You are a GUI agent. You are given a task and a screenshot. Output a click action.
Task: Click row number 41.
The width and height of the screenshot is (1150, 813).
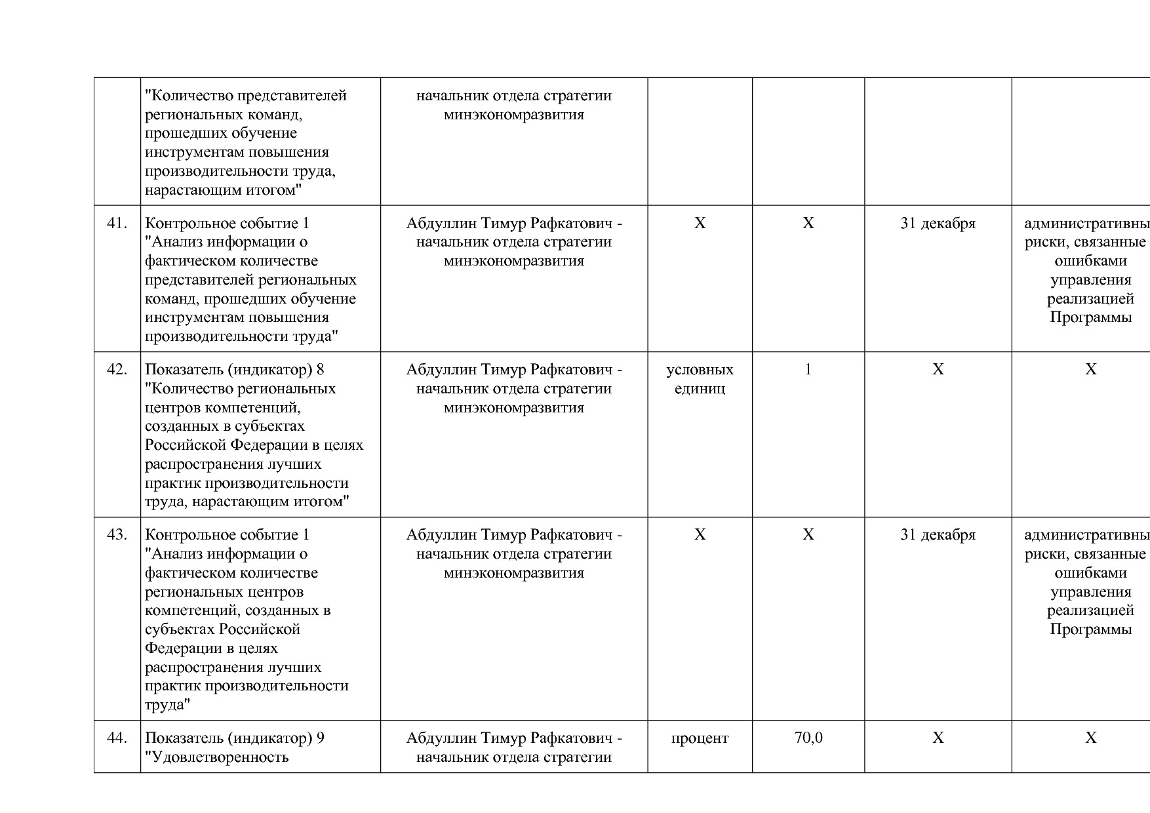(x=117, y=224)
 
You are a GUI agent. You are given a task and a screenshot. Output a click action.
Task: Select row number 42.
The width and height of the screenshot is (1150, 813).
(x=117, y=370)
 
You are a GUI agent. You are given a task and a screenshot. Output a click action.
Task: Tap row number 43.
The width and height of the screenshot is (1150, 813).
(x=117, y=535)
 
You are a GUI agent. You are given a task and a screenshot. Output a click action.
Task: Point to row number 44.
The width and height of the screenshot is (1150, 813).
(x=117, y=738)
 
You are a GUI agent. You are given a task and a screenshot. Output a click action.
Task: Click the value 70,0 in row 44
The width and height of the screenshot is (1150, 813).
(x=808, y=738)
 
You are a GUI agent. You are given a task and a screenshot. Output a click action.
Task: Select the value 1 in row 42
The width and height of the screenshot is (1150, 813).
(x=808, y=370)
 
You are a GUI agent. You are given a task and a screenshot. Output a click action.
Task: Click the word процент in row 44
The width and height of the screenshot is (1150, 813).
(x=700, y=738)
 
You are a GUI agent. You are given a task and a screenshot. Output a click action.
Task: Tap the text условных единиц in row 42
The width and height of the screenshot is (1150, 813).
(x=700, y=379)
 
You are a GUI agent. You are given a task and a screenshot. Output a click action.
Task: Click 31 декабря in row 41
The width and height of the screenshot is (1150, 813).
(x=938, y=224)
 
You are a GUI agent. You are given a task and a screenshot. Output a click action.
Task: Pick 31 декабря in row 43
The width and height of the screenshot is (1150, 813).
(x=938, y=535)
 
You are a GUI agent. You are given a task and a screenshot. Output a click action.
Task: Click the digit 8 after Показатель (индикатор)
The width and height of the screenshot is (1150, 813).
(x=320, y=370)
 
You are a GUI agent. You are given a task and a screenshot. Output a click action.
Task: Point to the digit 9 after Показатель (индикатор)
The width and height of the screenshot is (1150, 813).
(x=320, y=738)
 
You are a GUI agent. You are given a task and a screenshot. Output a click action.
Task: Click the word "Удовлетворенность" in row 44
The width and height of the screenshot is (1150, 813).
(x=217, y=757)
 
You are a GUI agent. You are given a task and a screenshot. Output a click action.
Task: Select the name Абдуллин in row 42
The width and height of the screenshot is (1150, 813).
(x=441, y=370)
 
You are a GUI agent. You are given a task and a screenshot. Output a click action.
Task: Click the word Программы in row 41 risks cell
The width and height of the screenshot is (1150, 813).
(x=1090, y=318)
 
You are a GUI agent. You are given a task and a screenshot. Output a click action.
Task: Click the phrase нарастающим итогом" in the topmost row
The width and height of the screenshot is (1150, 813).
(x=223, y=191)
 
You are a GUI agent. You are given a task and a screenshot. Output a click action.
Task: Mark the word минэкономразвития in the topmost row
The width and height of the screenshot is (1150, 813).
(x=514, y=115)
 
